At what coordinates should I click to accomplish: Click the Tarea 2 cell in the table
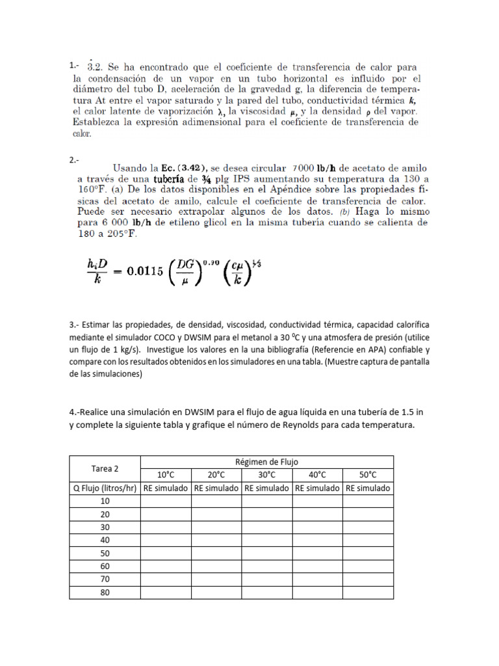click(x=105, y=468)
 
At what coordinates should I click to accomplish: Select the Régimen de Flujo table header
click(x=267, y=462)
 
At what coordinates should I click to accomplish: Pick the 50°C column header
click(x=368, y=475)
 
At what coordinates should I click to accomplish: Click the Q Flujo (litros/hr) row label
click(x=105, y=488)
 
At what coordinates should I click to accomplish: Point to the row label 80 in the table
click(x=105, y=593)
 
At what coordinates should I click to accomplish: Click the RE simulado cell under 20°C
click(x=216, y=488)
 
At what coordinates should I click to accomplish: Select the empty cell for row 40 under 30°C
click(x=266, y=540)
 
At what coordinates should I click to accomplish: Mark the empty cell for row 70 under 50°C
click(x=368, y=579)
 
